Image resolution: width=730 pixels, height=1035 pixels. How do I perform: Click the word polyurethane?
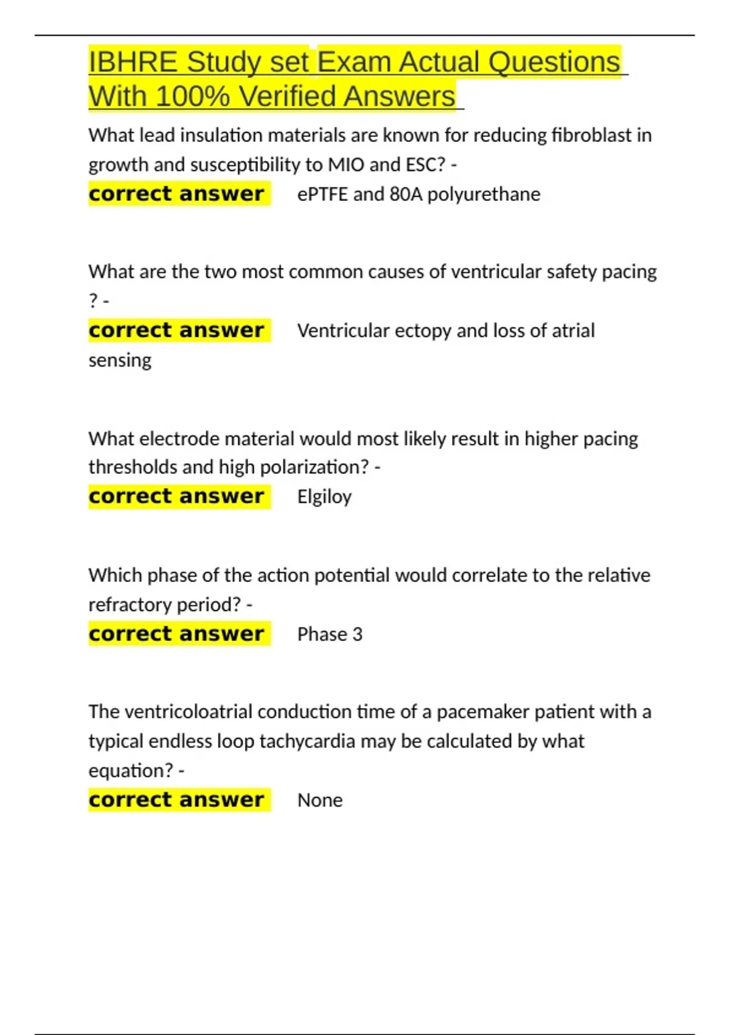[484, 194]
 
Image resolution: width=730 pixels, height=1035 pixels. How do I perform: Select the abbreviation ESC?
[425, 165]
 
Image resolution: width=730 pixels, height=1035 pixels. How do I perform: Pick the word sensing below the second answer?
[120, 360]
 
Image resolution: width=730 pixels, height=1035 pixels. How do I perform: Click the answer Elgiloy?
[324, 497]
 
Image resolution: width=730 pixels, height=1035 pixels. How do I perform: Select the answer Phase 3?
[330, 634]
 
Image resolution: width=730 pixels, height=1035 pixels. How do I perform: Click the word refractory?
[122, 605]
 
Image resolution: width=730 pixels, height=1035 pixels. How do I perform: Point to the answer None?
[320, 800]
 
